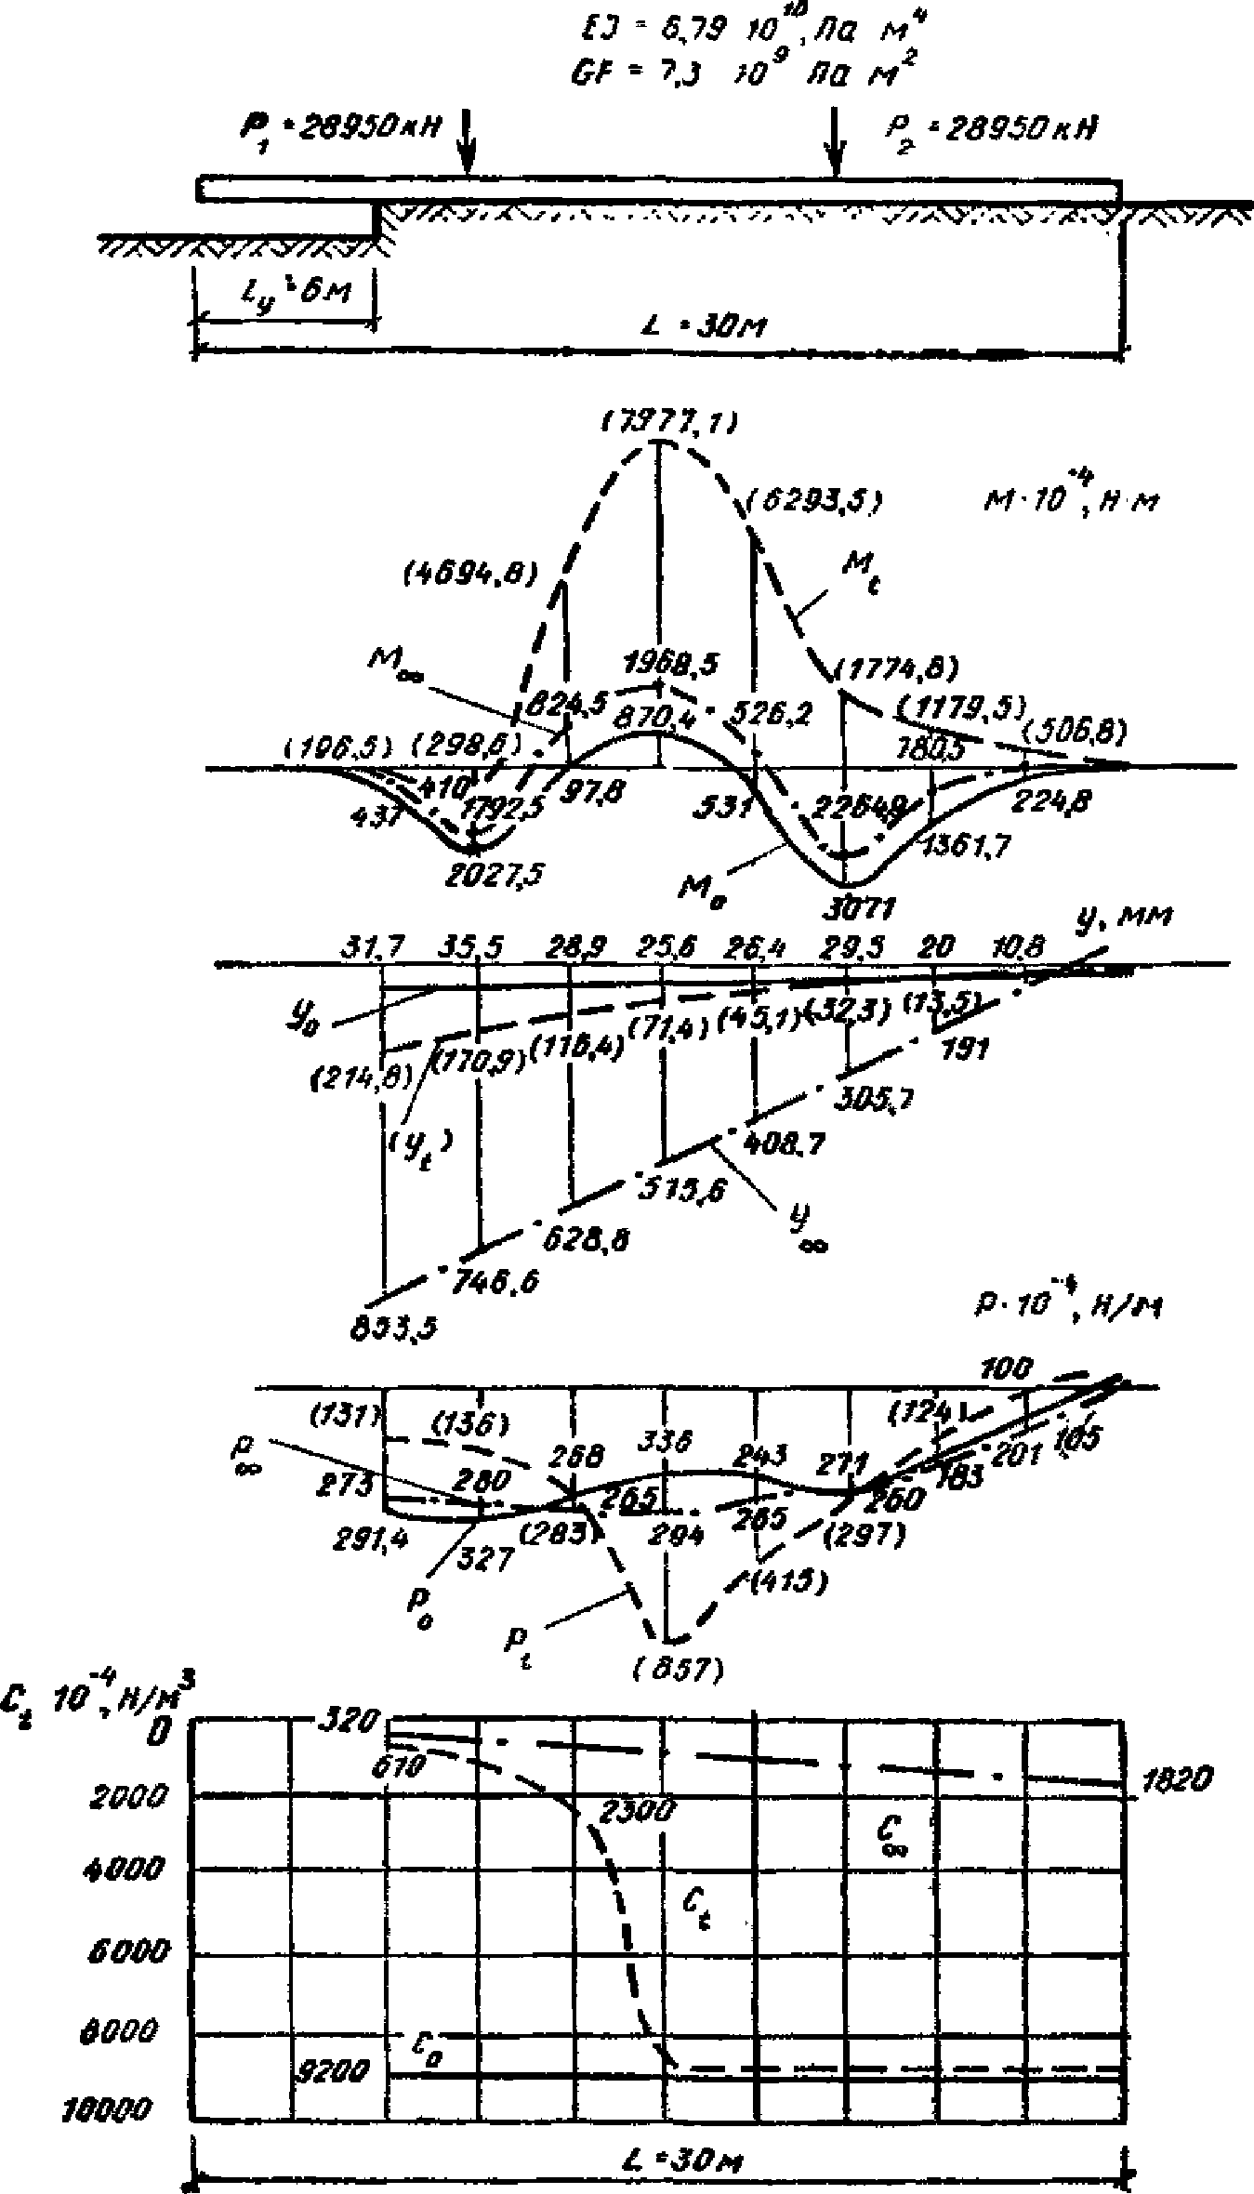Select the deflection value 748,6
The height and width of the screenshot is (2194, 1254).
(494, 1282)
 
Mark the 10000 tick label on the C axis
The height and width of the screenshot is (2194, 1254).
(109, 2106)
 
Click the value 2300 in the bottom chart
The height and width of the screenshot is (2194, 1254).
(637, 1810)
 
